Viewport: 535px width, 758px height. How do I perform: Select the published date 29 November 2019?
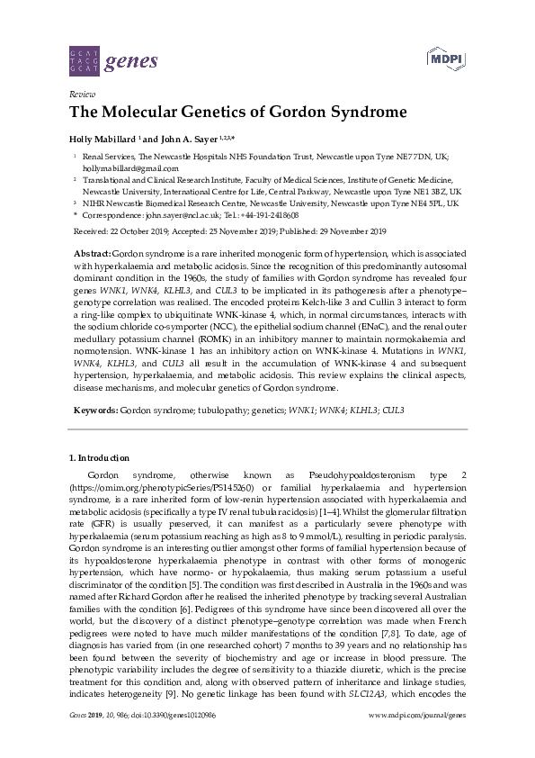pyautogui.click(x=358, y=230)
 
